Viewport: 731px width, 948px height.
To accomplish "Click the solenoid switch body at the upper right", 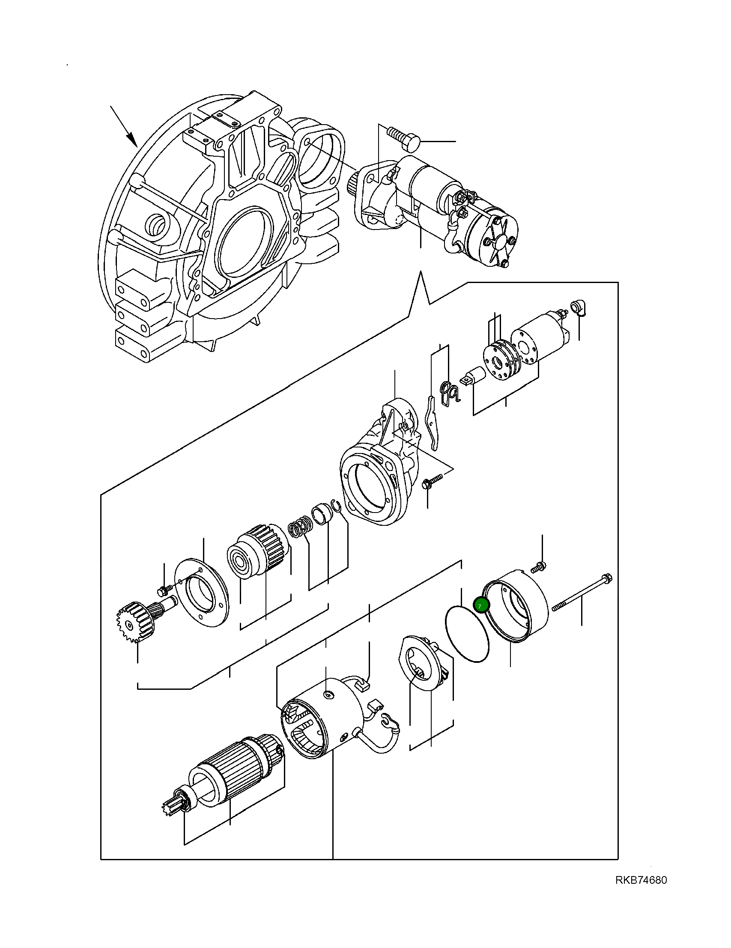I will pos(538,335).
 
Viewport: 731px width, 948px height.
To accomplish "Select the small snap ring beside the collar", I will pos(337,505).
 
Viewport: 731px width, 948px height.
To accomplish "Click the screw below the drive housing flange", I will pos(430,481).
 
